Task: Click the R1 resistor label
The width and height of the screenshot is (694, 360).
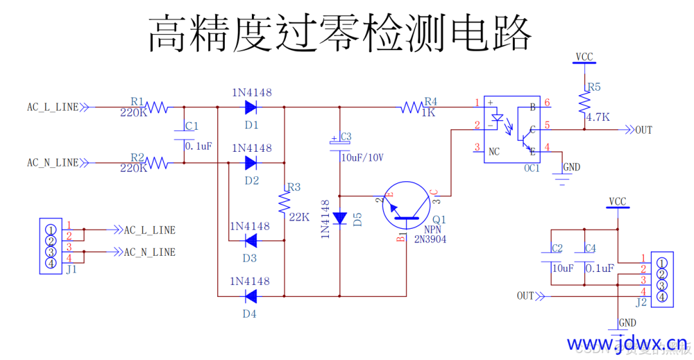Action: [138, 101]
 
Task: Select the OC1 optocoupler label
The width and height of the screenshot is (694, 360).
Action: [531, 168]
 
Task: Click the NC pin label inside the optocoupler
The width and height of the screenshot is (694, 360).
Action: [494, 152]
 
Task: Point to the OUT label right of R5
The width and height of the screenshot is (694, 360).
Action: [643, 130]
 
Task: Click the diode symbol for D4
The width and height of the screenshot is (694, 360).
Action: [251, 296]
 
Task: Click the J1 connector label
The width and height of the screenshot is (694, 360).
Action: [71, 269]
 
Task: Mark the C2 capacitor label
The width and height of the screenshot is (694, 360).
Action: [556, 248]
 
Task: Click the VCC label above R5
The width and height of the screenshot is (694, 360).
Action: [584, 57]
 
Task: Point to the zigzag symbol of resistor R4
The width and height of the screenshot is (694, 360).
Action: [412, 107]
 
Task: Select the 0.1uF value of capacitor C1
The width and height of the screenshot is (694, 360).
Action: [198, 147]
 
